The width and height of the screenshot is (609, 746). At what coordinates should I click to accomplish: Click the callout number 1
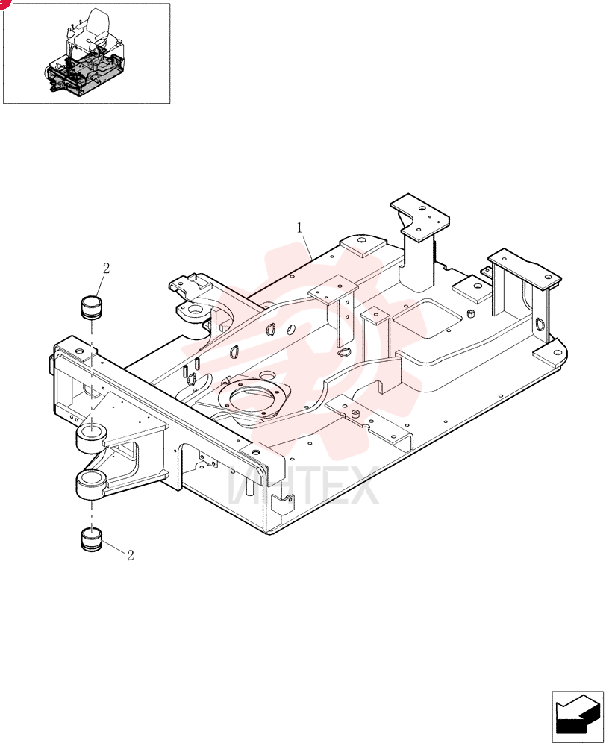tap(299, 228)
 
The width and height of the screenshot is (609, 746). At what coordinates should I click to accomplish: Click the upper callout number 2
tap(106, 269)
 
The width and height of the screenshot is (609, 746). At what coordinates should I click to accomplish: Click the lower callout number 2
tap(130, 555)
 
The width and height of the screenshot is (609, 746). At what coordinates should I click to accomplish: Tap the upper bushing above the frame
tap(90, 307)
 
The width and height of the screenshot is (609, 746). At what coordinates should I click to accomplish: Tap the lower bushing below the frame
tap(91, 539)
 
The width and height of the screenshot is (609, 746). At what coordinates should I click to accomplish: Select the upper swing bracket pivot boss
tap(91, 437)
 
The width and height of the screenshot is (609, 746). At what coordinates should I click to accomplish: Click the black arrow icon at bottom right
tap(577, 717)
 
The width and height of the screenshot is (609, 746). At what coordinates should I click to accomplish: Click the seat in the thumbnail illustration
tap(99, 28)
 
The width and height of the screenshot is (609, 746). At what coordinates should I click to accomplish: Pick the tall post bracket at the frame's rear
tap(419, 242)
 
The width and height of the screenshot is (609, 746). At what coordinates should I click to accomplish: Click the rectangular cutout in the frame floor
tap(427, 319)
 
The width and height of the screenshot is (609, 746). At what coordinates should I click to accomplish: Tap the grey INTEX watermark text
tap(303, 486)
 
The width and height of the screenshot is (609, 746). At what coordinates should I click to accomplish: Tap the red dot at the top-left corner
tap(4, 3)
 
